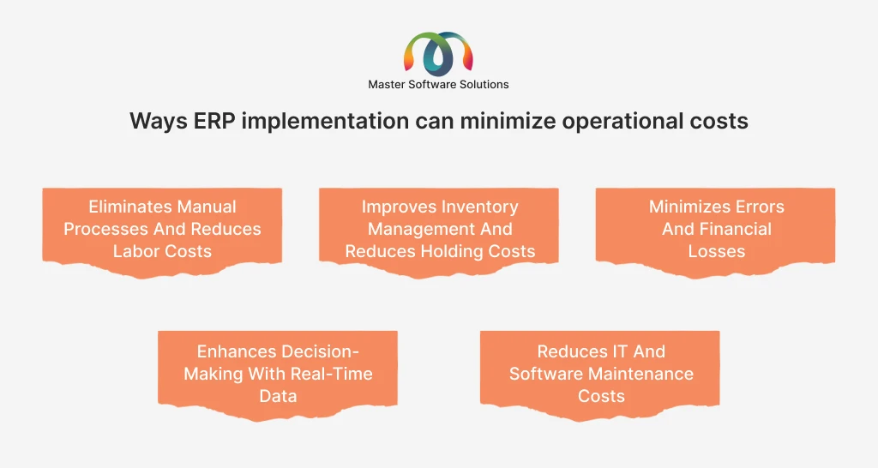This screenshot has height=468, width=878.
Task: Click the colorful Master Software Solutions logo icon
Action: [438, 54]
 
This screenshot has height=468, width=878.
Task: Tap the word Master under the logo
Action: [387, 85]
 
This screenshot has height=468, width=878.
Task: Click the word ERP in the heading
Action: [214, 121]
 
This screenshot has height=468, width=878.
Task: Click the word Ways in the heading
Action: [159, 122]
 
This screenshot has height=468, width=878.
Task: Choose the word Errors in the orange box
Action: [760, 207]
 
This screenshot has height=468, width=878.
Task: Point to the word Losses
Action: [717, 251]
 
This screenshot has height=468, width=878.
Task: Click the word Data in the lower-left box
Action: [278, 396]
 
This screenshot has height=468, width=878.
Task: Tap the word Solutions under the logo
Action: [484, 85]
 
